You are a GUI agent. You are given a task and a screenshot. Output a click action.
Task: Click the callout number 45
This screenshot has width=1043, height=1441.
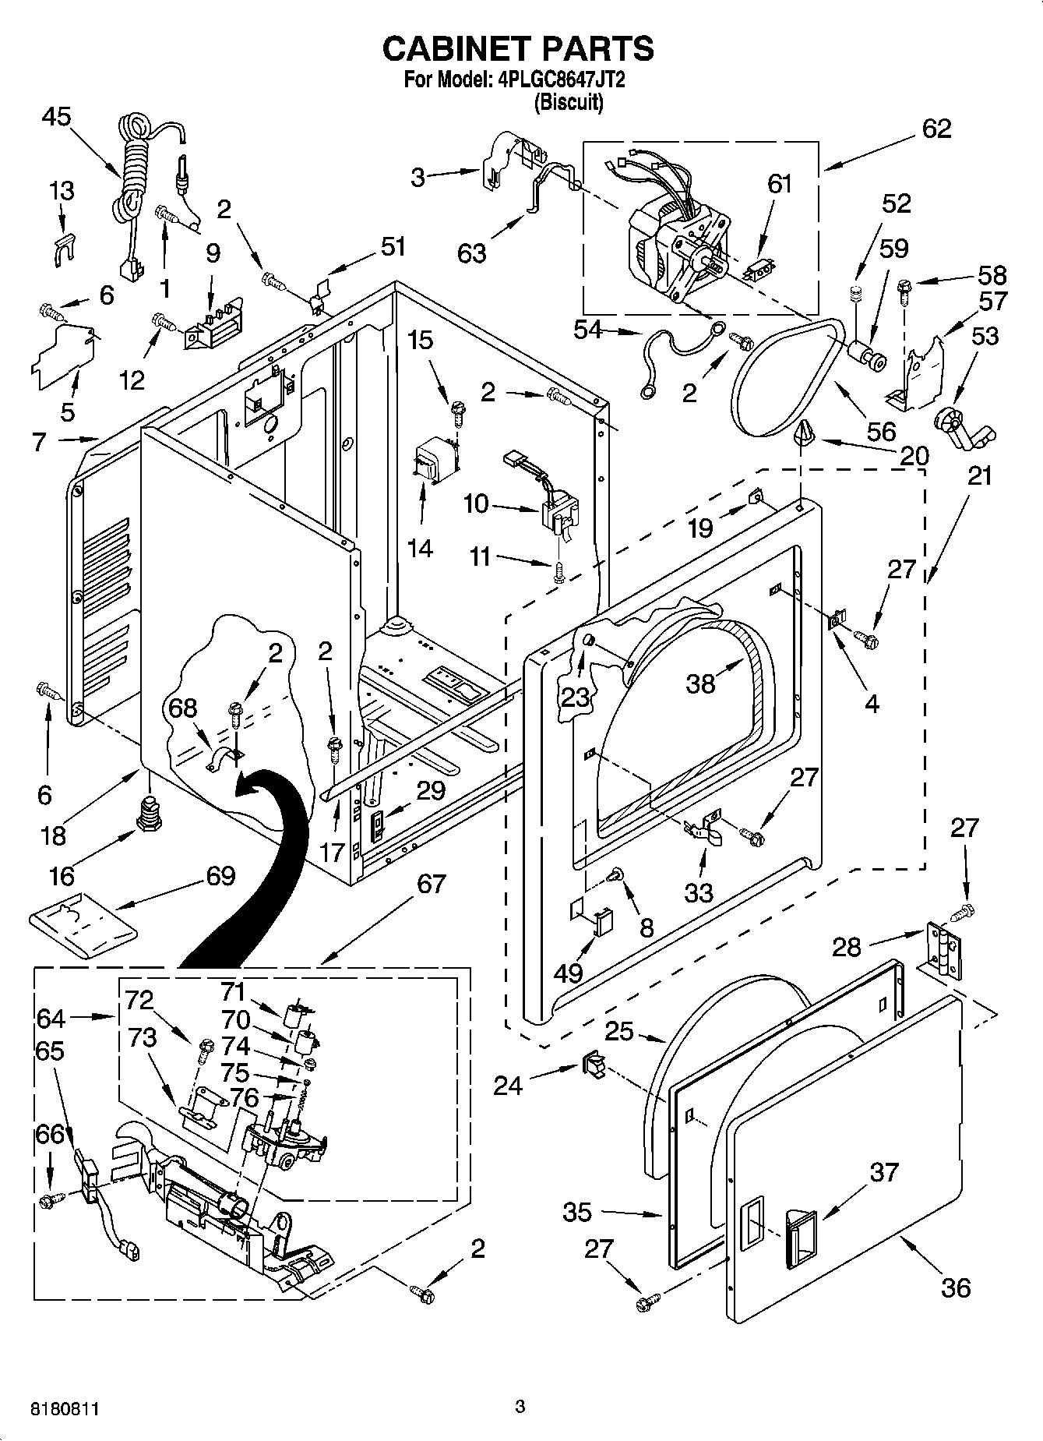point(55,117)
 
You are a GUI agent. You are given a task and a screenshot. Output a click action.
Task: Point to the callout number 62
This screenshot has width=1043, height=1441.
point(936,129)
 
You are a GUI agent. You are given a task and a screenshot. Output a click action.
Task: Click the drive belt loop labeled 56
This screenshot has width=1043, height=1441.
point(787,378)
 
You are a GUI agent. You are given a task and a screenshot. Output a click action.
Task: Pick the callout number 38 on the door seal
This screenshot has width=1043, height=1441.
point(699,683)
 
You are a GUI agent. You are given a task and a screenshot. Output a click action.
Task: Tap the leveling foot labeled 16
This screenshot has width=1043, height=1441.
point(147,814)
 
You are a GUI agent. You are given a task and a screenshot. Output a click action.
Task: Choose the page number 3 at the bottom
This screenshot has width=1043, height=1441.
point(520,1407)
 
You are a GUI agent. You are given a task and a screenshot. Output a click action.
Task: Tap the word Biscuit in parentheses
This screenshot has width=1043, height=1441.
point(568,102)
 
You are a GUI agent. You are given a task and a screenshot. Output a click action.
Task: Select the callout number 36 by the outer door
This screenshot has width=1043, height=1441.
point(955,1287)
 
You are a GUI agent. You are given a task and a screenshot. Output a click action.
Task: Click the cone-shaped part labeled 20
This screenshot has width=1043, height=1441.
point(803,431)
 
